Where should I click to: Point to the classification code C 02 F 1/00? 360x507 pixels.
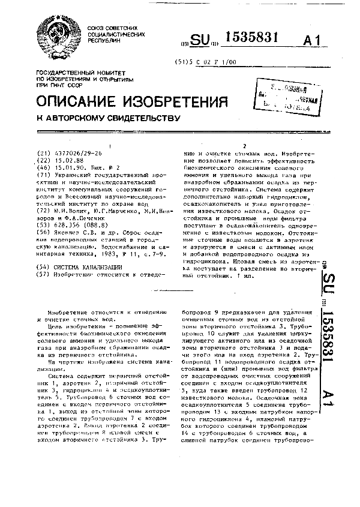(215, 61)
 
